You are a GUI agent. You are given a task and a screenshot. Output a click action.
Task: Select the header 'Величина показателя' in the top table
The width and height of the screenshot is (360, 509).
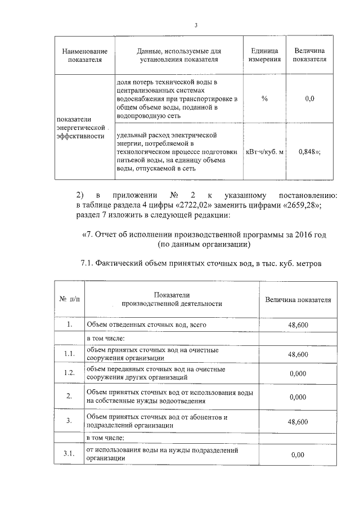(309, 55)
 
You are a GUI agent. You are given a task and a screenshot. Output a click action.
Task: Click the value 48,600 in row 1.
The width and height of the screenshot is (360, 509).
(298, 325)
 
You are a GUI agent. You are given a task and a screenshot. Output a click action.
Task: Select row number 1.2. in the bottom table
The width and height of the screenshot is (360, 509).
(69, 373)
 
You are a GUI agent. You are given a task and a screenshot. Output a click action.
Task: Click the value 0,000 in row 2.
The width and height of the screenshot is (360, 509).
(298, 397)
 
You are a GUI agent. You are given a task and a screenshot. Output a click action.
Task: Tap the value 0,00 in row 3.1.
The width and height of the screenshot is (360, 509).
(298, 454)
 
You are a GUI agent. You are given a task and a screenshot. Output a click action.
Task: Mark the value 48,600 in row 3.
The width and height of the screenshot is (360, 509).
(298, 421)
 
